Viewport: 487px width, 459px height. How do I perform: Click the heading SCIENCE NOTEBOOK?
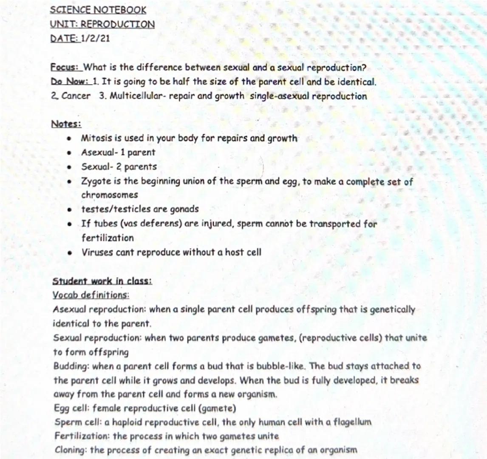[98, 10]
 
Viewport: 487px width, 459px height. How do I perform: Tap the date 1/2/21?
[95, 38]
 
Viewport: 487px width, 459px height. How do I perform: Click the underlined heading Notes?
[66, 124]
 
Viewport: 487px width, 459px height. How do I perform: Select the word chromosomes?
[110, 195]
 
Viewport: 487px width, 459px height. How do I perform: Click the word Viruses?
[96, 252]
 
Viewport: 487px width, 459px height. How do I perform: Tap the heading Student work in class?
[102, 281]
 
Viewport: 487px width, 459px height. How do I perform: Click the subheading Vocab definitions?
[91, 295]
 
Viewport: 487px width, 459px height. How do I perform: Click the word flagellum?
[353, 422]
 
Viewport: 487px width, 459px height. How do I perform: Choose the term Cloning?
[71, 450]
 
